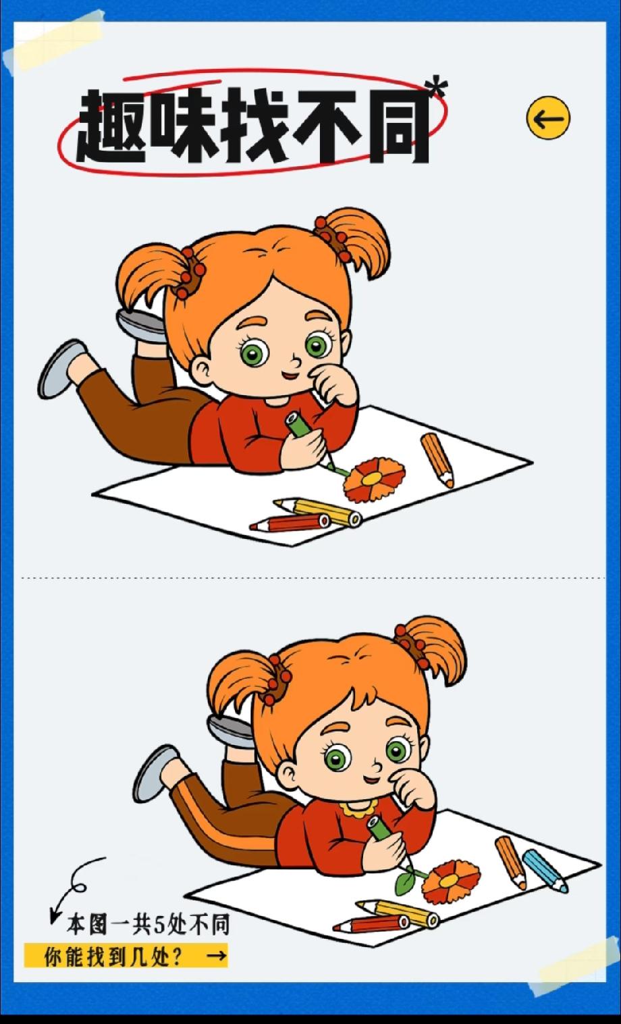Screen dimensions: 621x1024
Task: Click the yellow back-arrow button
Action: [548, 118]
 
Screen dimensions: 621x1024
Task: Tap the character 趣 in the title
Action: [112, 126]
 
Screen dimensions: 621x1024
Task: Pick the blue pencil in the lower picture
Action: [545, 871]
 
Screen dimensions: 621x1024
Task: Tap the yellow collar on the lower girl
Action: [358, 808]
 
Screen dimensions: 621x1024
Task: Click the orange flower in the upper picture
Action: [374, 479]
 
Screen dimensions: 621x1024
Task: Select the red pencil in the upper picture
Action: [290, 523]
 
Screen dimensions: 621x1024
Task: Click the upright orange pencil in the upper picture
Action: [437, 460]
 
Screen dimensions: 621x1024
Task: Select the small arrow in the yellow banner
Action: [217, 955]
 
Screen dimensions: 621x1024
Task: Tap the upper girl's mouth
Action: [289, 376]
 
